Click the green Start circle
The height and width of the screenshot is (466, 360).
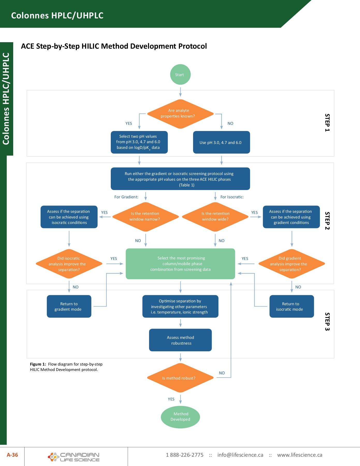coord(180,75)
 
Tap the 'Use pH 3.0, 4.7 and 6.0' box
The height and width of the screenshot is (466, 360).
coord(221,142)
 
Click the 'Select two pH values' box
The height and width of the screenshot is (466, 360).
coord(139,142)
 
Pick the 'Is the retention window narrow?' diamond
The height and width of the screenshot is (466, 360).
coord(145,217)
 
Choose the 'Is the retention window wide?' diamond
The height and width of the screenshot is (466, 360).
coord(215,217)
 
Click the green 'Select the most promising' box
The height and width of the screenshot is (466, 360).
coord(180,264)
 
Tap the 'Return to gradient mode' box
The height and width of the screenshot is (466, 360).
coord(69,307)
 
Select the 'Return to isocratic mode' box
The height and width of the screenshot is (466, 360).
coord(291,307)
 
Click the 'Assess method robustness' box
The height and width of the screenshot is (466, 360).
coord(180,340)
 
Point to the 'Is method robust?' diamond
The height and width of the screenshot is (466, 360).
coord(180,378)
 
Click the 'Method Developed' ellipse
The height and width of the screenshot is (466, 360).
coord(180,417)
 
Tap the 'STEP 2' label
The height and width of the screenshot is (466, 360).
coord(327,221)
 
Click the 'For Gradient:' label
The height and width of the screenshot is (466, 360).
coord(126,197)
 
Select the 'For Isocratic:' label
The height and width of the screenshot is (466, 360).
coord(232,197)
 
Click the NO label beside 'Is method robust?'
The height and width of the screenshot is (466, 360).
coord(222,373)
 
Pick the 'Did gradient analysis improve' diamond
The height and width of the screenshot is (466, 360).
coord(291,264)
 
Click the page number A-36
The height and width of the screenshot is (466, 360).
coord(12,455)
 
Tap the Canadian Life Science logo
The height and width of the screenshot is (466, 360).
coord(74,457)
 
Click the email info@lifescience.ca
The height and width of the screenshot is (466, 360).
coord(240,455)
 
